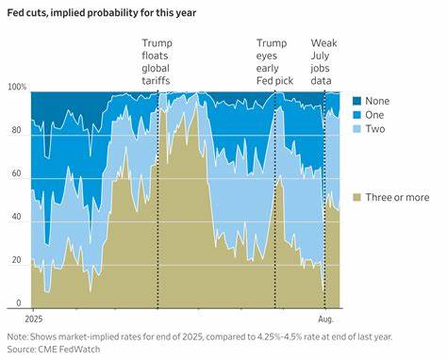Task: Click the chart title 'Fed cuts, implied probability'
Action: click(90, 11)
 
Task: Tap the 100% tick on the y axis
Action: click(15, 87)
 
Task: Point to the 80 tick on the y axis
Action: click(15, 131)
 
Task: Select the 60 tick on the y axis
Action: click(15, 174)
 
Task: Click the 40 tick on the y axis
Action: click(15, 217)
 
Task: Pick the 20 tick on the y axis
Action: click(15, 260)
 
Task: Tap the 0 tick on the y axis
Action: click(18, 303)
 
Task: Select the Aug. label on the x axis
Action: click(324, 319)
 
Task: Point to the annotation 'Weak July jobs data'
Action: click(324, 62)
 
